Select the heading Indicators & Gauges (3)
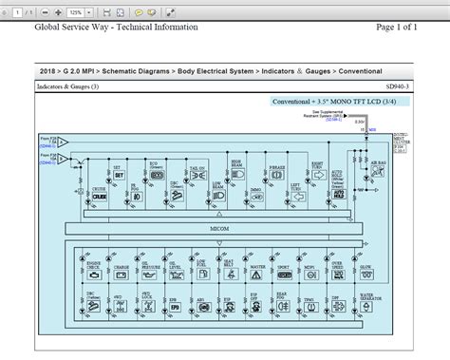pyautogui.click(x=68, y=86)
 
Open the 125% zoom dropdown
pyautogui.click(x=80, y=11)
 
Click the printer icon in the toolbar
pyautogui.click(x=121, y=11)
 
